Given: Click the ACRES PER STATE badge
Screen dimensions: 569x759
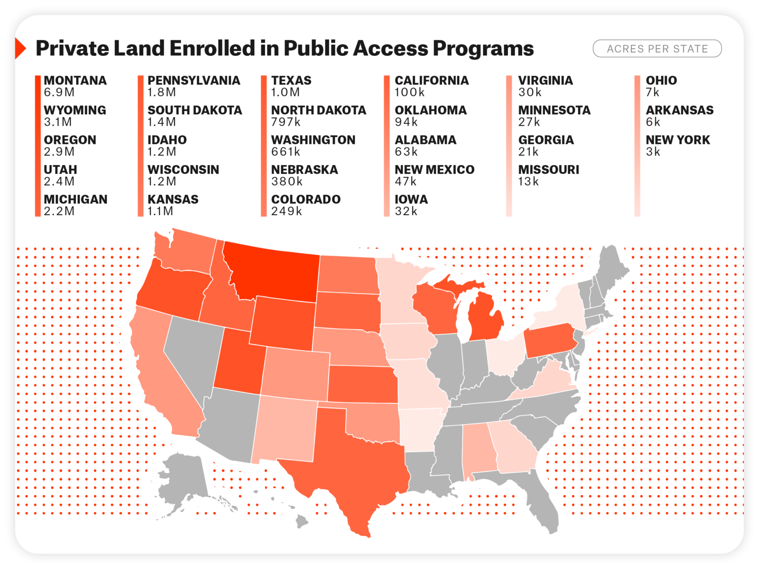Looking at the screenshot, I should tap(657, 48).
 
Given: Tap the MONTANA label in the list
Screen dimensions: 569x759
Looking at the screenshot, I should tap(75, 81).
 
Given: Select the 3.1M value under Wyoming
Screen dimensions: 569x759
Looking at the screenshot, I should tap(58, 122).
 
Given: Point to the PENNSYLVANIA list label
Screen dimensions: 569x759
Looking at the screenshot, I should tap(194, 81).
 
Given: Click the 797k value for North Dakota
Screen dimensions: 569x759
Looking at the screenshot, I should tap(286, 122).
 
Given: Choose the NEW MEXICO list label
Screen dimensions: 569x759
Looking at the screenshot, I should tap(434, 170).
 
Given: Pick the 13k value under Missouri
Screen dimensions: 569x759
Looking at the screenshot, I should tap(528, 182).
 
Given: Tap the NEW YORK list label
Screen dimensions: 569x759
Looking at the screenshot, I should tap(677, 140).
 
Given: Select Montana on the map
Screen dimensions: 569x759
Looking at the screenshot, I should tap(275, 273).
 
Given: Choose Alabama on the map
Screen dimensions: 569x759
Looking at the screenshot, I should tap(479, 448).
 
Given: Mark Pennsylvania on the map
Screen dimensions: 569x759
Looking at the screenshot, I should tap(550, 339).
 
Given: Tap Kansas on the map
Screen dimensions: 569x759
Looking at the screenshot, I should tap(361, 384).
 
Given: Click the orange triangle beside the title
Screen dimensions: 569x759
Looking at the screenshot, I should tap(20, 48).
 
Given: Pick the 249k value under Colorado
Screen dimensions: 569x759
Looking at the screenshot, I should tap(286, 211).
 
